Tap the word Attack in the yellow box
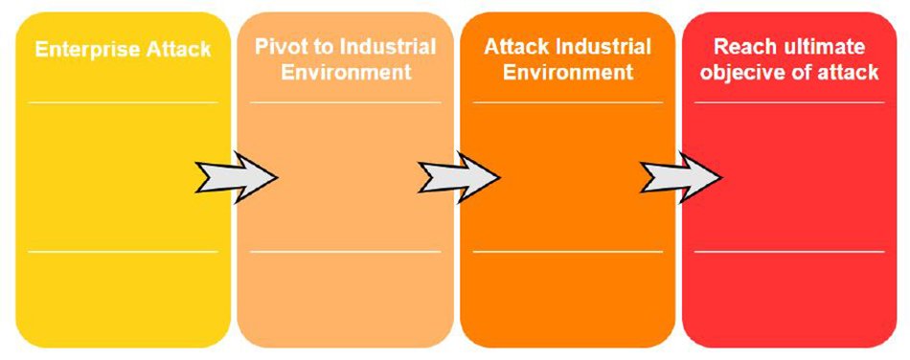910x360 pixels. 179,49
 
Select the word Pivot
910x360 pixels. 278,47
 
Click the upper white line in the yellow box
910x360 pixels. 124,101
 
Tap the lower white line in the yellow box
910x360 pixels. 124,252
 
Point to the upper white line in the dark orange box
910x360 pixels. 568,101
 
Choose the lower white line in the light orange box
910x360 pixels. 346,252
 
